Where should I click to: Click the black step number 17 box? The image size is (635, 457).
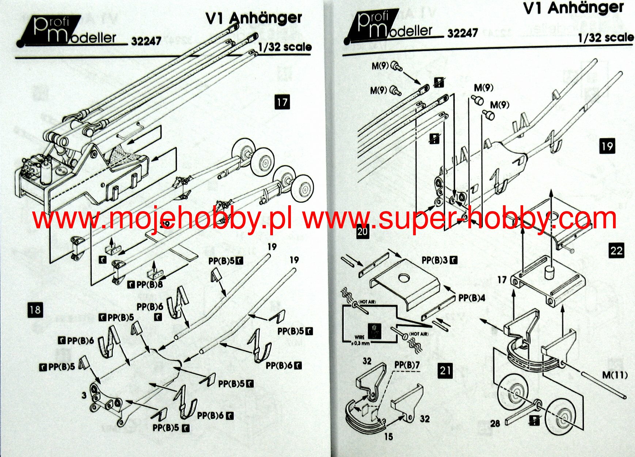pyautogui.click(x=282, y=102)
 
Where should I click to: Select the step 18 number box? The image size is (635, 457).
pyautogui.click(x=35, y=310)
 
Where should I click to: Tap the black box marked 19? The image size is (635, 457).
pyautogui.click(x=607, y=146)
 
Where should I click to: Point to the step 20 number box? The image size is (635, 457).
pyautogui.click(x=362, y=232)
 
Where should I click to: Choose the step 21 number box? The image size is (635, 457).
pyautogui.click(x=445, y=370)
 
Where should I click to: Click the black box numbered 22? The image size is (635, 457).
pyautogui.click(x=616, y=250)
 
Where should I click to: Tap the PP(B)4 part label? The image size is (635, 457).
pyautogui.click(x=472, y=298)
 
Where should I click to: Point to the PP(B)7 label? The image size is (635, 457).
pyautogui.click(x=407, y=365)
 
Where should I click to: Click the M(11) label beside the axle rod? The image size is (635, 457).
pyautogui.click(x=615, y=375)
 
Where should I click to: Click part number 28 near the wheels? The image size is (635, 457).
pyautogui.click(x=495, y=423)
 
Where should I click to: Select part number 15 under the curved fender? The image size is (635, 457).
pyautogui.click(x=388, y=437)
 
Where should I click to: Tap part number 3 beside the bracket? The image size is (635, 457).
pyautogui.click(x=84, y=395)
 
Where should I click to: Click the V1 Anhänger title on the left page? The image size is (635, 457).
pyautogui.click(x=254, y=18)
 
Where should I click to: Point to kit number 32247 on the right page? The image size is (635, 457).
pyautogui.click(x=463, y=33)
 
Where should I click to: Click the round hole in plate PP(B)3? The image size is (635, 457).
pyautogui.click(x=404, y=278)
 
